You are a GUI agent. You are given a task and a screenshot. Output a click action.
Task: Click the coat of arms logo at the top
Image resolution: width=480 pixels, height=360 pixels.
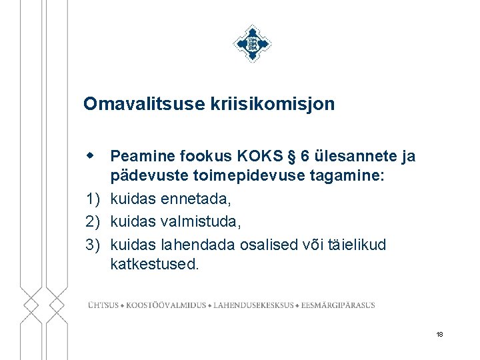(x=253, y=43)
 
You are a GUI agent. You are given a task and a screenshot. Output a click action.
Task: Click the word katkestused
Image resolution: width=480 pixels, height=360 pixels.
(x=154, y=263)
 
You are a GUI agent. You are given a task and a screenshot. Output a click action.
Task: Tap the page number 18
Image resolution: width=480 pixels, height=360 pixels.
(x=439, y=334)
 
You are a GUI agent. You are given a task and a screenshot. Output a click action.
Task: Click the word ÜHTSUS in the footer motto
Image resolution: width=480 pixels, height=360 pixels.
(x=104, y=305)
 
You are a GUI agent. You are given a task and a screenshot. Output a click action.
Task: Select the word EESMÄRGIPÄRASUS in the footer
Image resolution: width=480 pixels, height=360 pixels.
(x=338, y=305)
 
